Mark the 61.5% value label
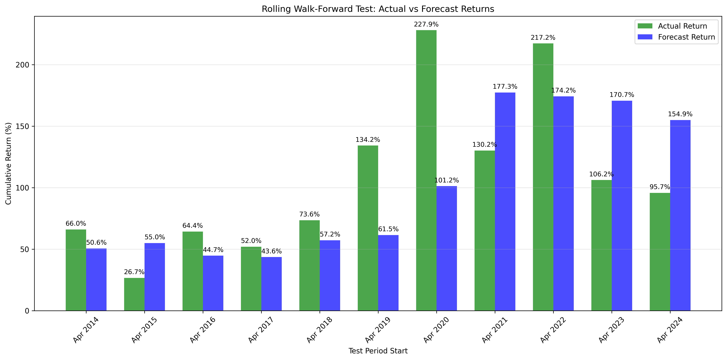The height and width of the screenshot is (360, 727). [388, 229]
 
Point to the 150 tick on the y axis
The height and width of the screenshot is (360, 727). [23, 126]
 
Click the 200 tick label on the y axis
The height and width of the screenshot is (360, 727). [23, 65]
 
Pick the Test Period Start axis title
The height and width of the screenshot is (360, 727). [378, 351]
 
